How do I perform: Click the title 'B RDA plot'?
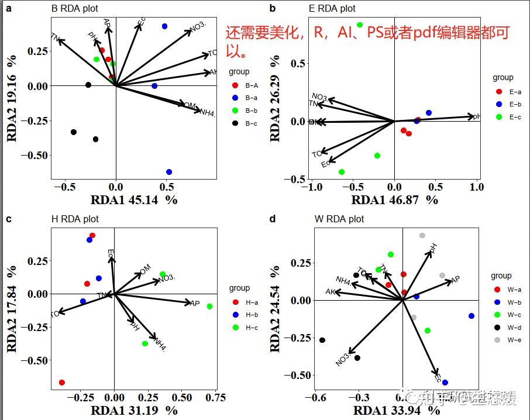tap(75, 9)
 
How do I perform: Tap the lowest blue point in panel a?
tap(169, 172)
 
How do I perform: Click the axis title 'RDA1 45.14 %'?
tap(133, 199)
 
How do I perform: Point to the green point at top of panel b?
tap(360, 25)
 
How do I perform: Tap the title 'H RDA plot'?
tap(75, 219)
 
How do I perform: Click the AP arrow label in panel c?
tap(194, 303)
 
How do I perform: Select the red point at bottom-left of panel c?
tap(62, 383)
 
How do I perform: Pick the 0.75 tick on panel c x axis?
tap(216, 398)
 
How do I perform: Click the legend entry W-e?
tap(515, 340)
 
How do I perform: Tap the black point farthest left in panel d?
tap(322, 340)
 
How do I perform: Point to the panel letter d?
tap(272, 219)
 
